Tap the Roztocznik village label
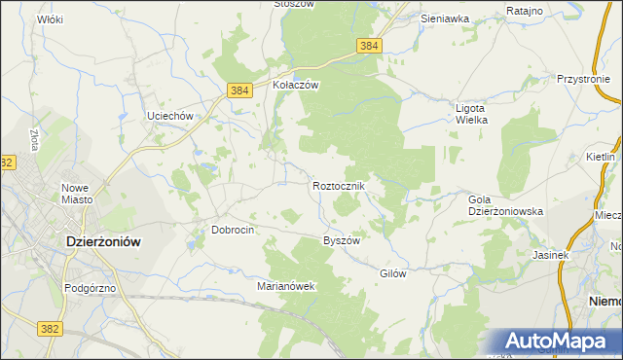click(x=339, y=186)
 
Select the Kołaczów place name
click(x=296, y=85)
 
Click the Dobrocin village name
click(x=233, y=230)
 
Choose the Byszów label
click(x=342, y=240)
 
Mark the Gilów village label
click(x=392, y=273)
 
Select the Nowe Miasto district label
click(x=77, y=193)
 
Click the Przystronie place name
click(x=589, y=80)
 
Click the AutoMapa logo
click(x=562, y=342)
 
